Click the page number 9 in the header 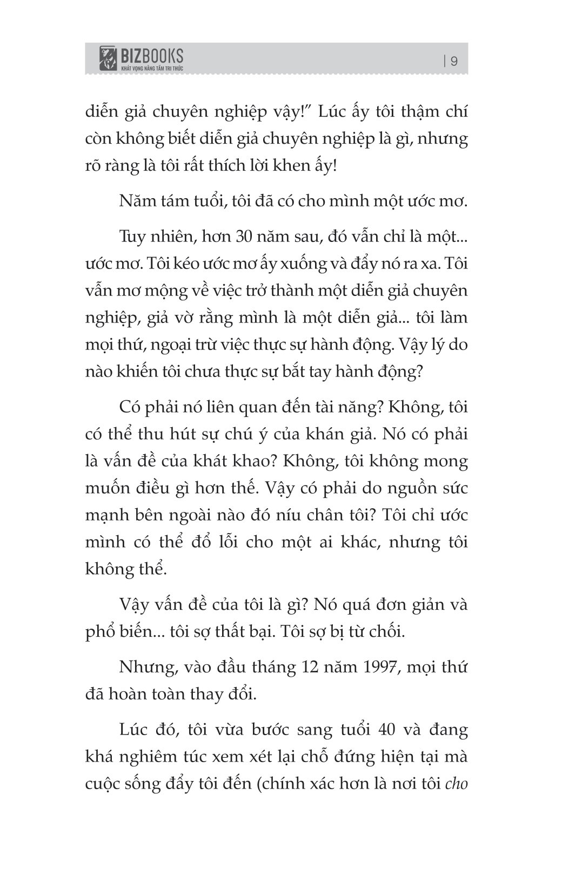[454, 61]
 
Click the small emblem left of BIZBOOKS [109, 59]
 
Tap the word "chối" [387, 631]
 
